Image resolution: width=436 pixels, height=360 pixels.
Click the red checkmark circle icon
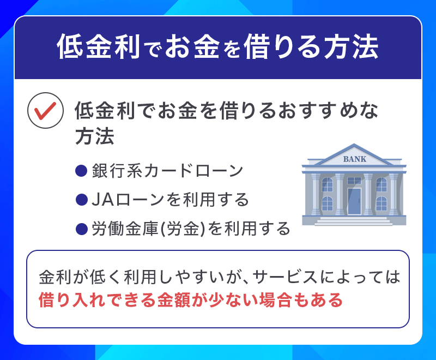point(43,111)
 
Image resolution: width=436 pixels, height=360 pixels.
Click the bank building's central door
point(354,201)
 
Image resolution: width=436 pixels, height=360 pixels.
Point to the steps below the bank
point(354,221)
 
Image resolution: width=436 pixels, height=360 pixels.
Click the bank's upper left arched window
point(327,184)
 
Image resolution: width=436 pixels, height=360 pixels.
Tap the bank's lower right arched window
point(381,203)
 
